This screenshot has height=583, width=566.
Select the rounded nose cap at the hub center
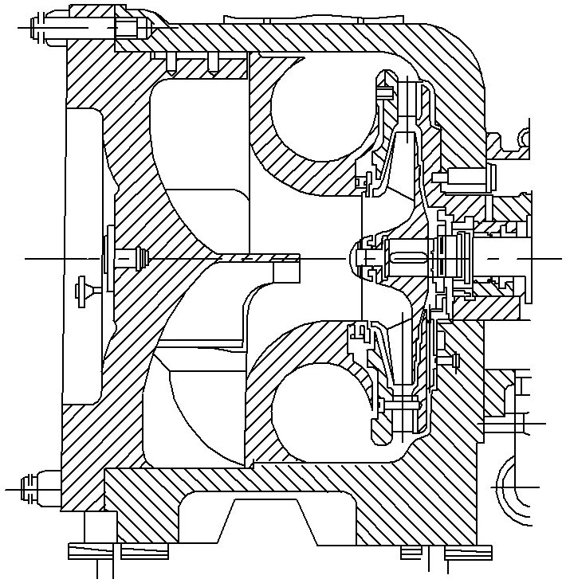coord(352,258)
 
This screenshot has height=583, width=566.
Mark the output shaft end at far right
coord(510,258)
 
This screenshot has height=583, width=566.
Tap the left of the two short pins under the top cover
coord(171,62)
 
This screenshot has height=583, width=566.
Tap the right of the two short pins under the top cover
coord(212,62)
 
